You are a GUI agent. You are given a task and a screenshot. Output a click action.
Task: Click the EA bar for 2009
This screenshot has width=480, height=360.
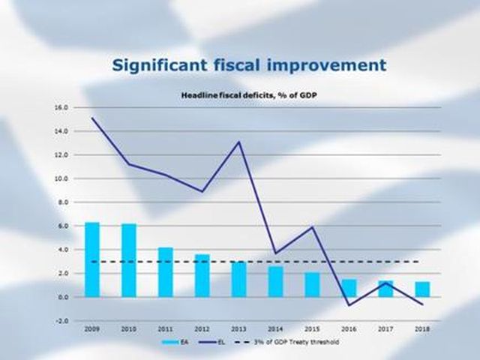(91, 259)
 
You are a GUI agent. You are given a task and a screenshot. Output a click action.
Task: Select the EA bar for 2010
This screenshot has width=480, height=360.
(129, 260)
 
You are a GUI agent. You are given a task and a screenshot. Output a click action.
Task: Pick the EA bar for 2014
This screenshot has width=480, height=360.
(275, 281)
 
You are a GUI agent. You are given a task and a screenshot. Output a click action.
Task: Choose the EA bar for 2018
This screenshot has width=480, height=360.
(423, 289)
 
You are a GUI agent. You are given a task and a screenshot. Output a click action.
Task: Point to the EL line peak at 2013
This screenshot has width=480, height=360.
(239, 142)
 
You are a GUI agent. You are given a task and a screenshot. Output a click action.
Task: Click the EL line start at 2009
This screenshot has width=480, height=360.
(91, 118)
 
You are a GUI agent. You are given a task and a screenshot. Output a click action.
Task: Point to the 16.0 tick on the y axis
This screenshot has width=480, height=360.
(60, 107)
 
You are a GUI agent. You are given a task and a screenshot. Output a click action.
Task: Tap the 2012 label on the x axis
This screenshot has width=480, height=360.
(202, 328)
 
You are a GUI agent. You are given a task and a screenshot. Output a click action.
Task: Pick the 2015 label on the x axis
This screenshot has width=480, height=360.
(313, 328)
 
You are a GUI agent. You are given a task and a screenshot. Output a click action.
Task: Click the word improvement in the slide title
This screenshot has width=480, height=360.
(327, 64)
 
